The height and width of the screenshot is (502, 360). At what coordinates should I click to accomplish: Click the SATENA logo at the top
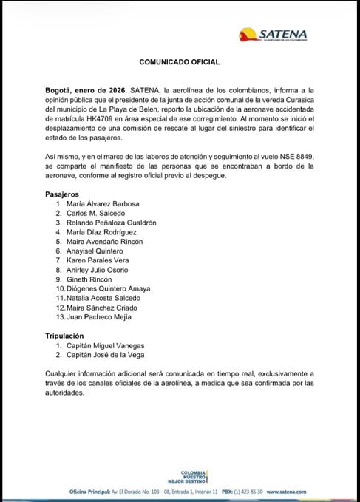[274, 35]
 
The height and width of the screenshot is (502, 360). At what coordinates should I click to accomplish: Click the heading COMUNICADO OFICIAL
[180, 64]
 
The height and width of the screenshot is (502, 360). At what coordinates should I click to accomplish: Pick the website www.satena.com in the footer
[287, 491]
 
